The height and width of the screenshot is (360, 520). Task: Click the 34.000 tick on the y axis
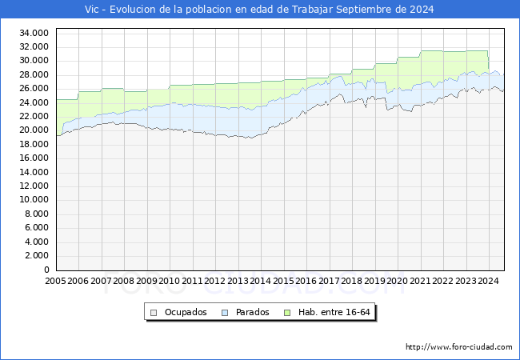point(34,33)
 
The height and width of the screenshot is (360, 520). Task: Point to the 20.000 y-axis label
point(34,130)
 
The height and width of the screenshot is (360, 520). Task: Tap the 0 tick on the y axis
point(46,270)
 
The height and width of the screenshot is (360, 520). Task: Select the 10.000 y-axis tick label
point(34,199)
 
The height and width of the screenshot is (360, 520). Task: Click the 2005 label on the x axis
point(55,281)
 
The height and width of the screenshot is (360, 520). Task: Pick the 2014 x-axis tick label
point(260,281)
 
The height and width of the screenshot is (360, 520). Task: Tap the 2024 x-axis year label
point(488,281)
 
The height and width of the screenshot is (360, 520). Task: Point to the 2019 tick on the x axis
point(374,281)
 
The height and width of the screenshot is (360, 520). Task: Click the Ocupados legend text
point(186,312)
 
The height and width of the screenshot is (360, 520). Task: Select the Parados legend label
point(252,312)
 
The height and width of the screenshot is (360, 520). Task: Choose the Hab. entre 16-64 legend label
point(334,312)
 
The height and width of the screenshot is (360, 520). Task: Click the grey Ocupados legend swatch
point(154,313)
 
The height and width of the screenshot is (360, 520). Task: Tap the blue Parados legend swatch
point(225,313)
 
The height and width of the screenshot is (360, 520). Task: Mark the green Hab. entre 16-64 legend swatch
point(287,313)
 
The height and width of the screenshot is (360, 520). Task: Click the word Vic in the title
point(91,10)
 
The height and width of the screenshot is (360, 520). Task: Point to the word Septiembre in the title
point(364,10)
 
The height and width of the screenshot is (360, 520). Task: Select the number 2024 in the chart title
point(422,10)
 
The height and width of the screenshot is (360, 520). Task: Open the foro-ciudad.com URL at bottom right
point(459,347)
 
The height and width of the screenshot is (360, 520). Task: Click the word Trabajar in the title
point(312,10)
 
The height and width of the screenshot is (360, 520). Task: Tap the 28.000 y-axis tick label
point(34,75)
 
